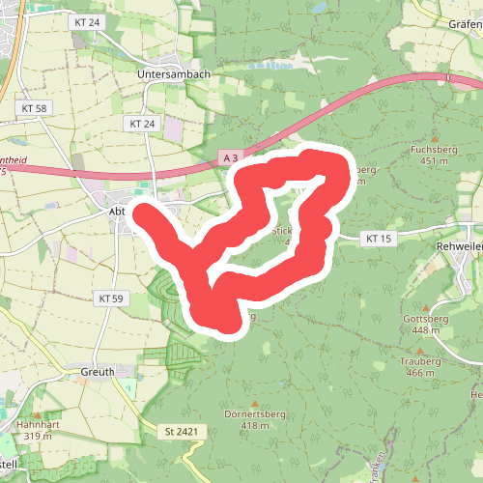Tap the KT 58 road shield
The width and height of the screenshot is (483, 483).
pos(33,108)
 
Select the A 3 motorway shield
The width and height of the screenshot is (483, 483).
pos(228,156)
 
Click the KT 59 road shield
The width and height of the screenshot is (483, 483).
pos(112,298)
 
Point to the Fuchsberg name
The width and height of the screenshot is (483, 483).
pos(432,150)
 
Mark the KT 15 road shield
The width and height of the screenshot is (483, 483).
pos(378,238)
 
